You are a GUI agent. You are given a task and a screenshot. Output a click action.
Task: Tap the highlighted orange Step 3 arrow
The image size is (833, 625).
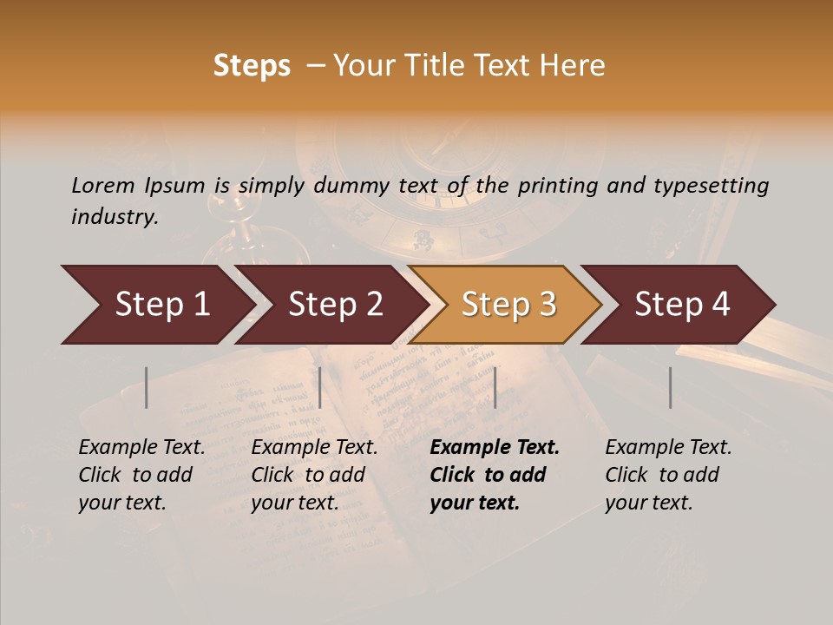508,304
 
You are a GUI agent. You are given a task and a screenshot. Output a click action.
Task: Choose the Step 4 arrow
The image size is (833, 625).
682,304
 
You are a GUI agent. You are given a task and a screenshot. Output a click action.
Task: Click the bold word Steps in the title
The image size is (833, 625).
252,66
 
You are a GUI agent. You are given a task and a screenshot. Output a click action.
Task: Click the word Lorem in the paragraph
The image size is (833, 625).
102,185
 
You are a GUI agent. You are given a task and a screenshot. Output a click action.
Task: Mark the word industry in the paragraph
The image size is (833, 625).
115,216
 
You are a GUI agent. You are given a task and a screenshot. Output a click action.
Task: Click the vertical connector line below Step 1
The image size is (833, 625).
147,387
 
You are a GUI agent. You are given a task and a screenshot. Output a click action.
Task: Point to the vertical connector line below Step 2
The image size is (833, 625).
320,387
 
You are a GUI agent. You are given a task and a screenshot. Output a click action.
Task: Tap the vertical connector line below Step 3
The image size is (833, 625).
495,387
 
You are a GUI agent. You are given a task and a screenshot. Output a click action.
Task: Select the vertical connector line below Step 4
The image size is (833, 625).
670,387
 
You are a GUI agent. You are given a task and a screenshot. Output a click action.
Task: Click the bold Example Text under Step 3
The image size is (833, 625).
495,447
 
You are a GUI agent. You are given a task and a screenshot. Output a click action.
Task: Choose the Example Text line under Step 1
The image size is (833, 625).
141,447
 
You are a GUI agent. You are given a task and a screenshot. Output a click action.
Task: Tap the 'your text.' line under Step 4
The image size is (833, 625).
649,503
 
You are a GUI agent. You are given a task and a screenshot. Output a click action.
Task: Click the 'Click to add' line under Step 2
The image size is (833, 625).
308,475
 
